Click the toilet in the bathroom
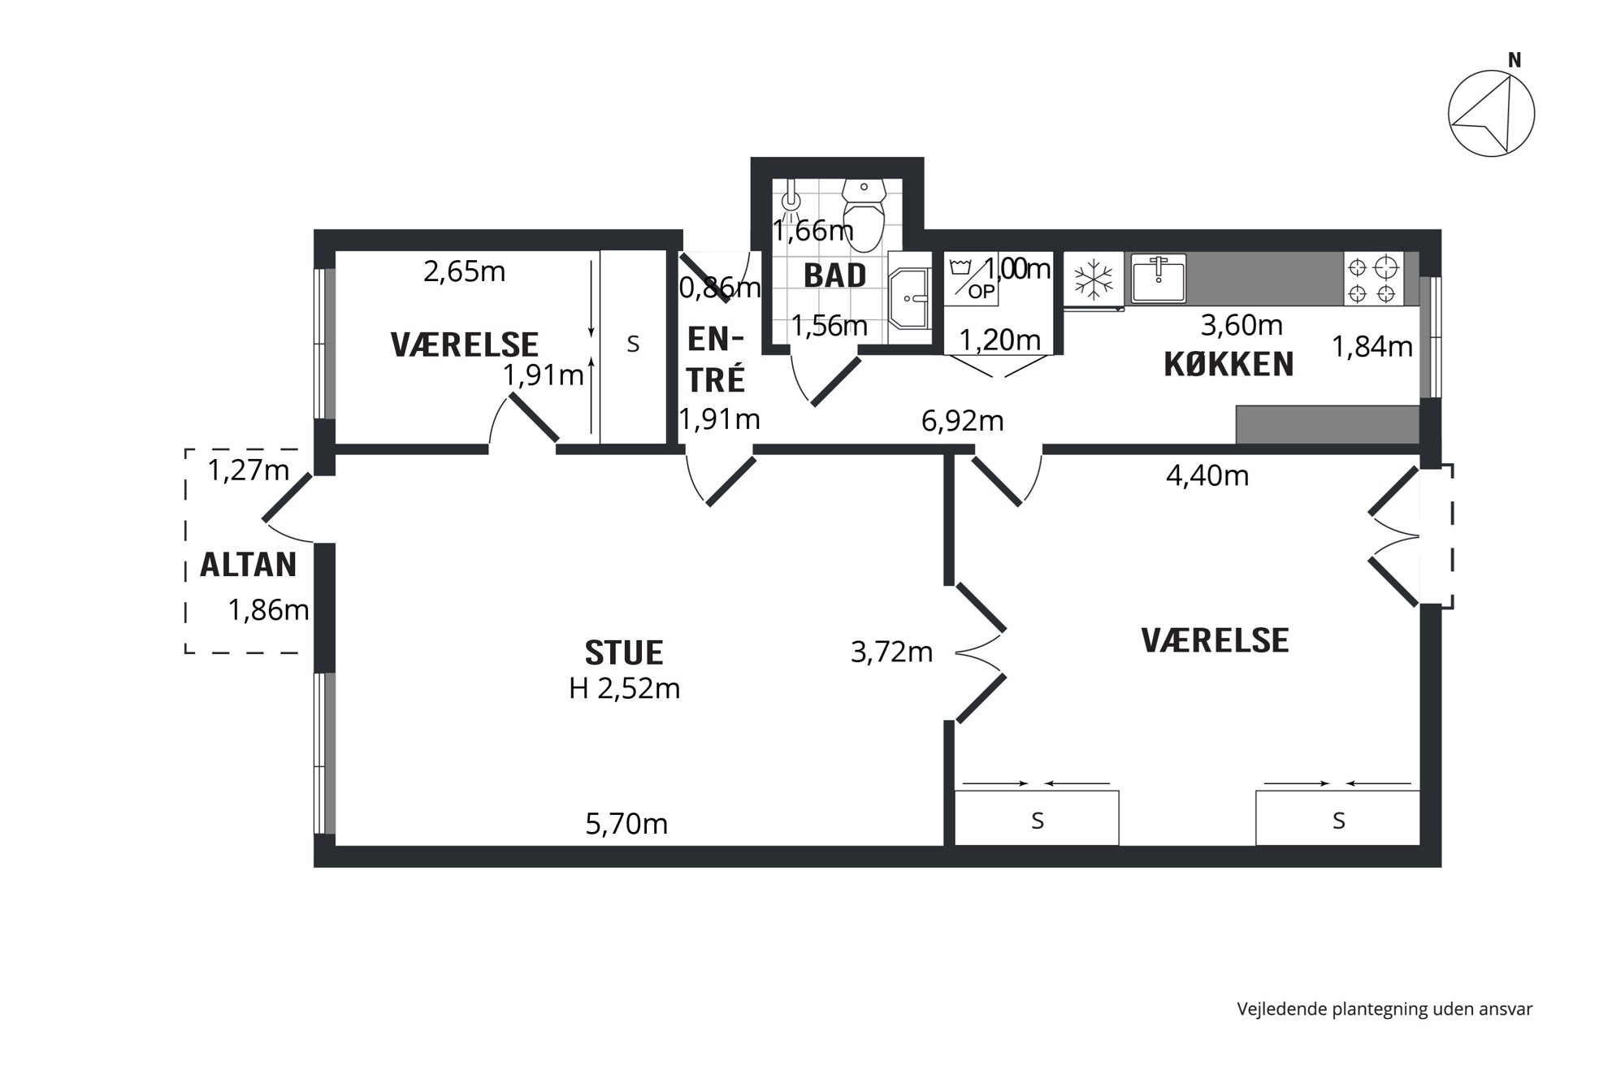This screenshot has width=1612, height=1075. point(863,214)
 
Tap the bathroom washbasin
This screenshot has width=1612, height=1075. point(909,298)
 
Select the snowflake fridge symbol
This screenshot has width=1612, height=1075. point(1094,280)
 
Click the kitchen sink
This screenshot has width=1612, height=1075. point(1158,278)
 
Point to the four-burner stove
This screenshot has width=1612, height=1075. point(1372,279)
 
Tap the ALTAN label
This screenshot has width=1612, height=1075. point(249,565)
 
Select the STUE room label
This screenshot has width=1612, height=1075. point(624,653)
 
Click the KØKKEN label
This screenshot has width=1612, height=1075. point(1228,365)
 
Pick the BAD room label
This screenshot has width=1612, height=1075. point(834,276)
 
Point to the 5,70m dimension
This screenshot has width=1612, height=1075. point(626,824)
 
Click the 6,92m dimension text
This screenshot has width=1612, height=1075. point(963,421)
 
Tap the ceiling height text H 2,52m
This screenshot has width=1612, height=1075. point(624,689)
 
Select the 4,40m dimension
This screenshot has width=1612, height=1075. point(1207,475)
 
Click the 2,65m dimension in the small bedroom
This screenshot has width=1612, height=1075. point(464,271)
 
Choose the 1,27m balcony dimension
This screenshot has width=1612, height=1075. point(249,470)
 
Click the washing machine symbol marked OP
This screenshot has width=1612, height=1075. point(970,278)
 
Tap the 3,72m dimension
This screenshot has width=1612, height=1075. point(891,652)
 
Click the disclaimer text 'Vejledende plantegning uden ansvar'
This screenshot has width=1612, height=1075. point(1384,1009)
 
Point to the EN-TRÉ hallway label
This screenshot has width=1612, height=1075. point(716,359)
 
